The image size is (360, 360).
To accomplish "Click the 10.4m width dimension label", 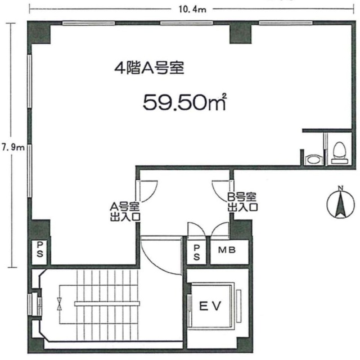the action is pos(192,10).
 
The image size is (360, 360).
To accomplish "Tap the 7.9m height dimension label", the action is pos(13,147).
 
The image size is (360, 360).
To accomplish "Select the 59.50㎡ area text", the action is pos(185,102).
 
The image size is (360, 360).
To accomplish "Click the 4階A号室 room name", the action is pos(149,68).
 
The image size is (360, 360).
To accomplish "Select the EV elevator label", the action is pos(210,306).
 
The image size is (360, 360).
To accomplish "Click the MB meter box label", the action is pos(227,250).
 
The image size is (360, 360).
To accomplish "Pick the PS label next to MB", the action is pos(197,253).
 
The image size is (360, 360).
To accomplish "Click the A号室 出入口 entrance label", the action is pos(125,212).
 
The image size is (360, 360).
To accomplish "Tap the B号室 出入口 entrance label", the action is pos(242,202).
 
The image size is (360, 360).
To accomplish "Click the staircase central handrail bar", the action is pos(107,304).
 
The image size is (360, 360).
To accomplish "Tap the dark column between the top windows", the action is pos(241,34).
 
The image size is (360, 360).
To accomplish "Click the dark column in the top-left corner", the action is pos(39,33).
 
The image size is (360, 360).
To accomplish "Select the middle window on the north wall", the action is pos(186,22).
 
